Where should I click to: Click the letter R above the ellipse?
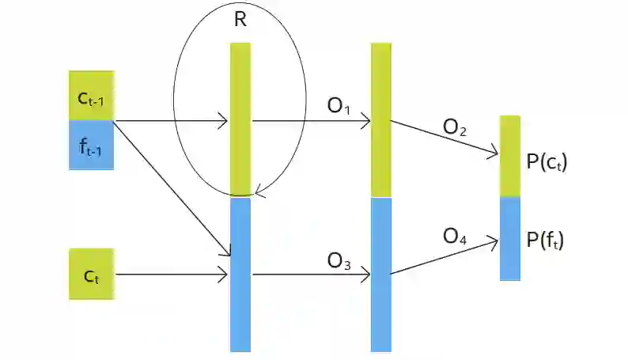(240, 21)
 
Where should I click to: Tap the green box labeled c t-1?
(92, 96)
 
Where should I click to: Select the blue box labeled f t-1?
(92, 145)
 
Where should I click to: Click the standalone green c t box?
(92, 274)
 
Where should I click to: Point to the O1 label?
(339, 106)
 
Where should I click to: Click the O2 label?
(455, 127)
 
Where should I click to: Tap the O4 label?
(455, 236)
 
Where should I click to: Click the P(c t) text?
(547, 162)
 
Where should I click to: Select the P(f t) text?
(547, 239)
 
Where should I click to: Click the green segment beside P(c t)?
(510, 156)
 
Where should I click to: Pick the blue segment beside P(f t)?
(510, 238)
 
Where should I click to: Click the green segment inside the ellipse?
(240, 119)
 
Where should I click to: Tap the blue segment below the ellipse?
(240, 273)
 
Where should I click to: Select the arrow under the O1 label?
(310, 122)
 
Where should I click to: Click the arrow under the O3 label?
(310, 275)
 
